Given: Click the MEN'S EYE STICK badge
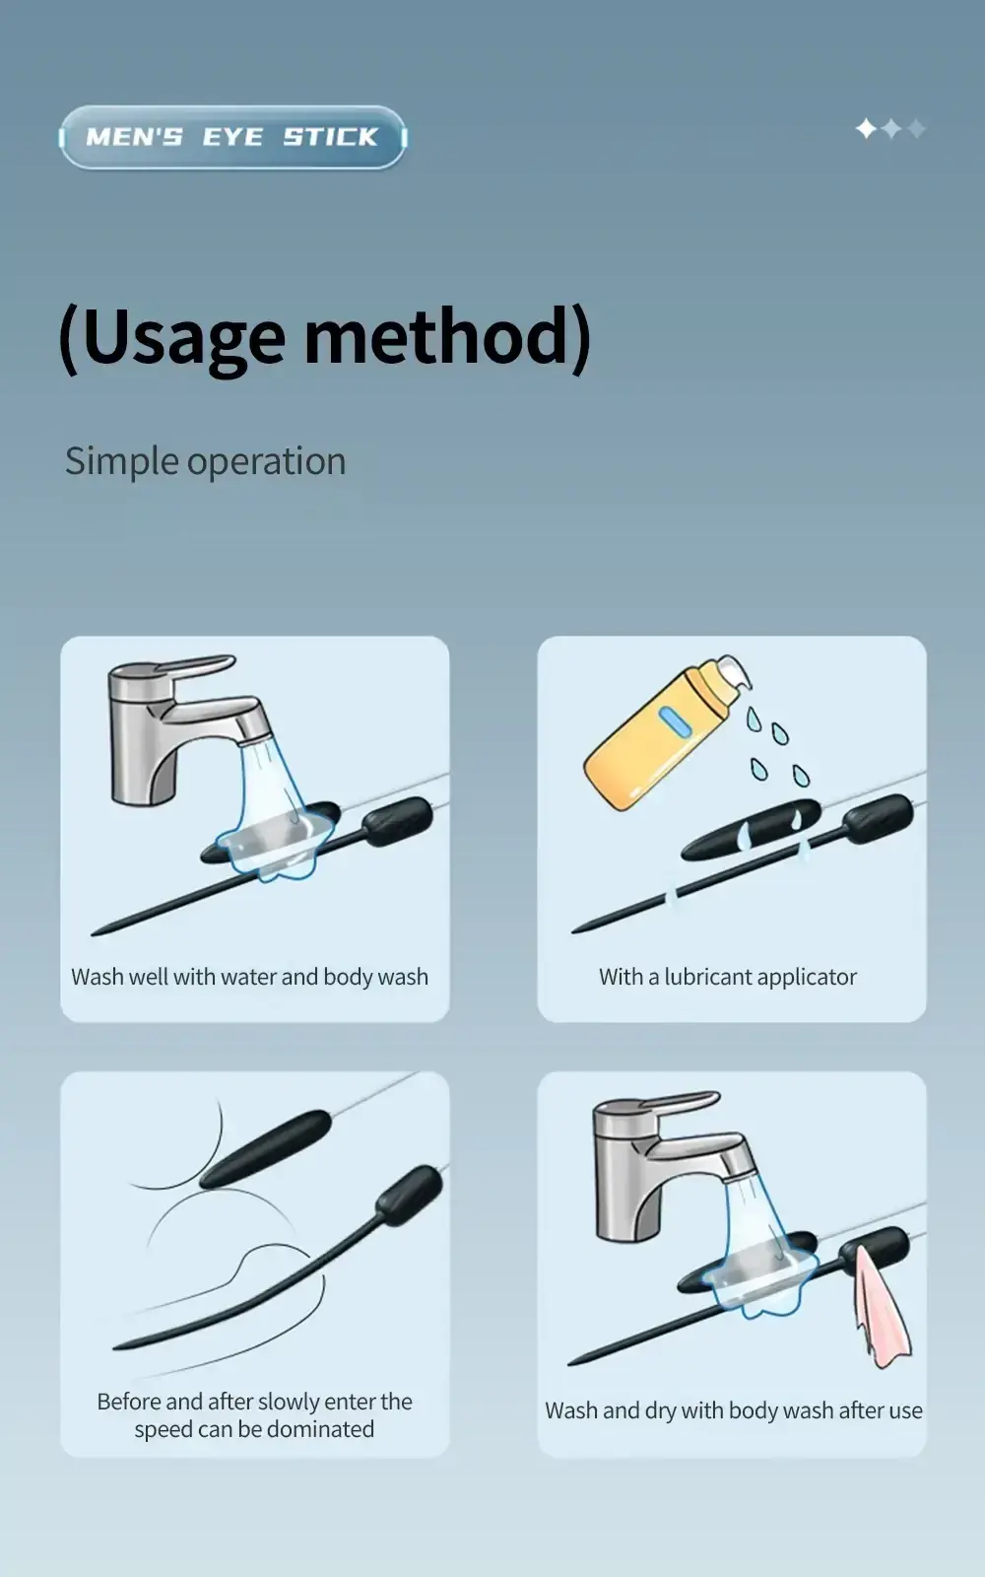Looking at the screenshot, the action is click(x=232, y=137).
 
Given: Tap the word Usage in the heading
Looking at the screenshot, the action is click(x=184, y=339).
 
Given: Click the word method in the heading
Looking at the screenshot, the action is click(x=436, y=336).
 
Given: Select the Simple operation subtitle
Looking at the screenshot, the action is click(x=206, y=462).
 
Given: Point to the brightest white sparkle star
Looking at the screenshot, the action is click(x=866, y=129).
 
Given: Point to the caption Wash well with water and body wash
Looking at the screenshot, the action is click(x=250, y=977).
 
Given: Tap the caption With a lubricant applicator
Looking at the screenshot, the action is click(x=728, y=977).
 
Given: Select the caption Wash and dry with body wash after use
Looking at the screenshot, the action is click(x=734, y=1410).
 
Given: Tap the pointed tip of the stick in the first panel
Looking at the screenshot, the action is click(x=93, y=934).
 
